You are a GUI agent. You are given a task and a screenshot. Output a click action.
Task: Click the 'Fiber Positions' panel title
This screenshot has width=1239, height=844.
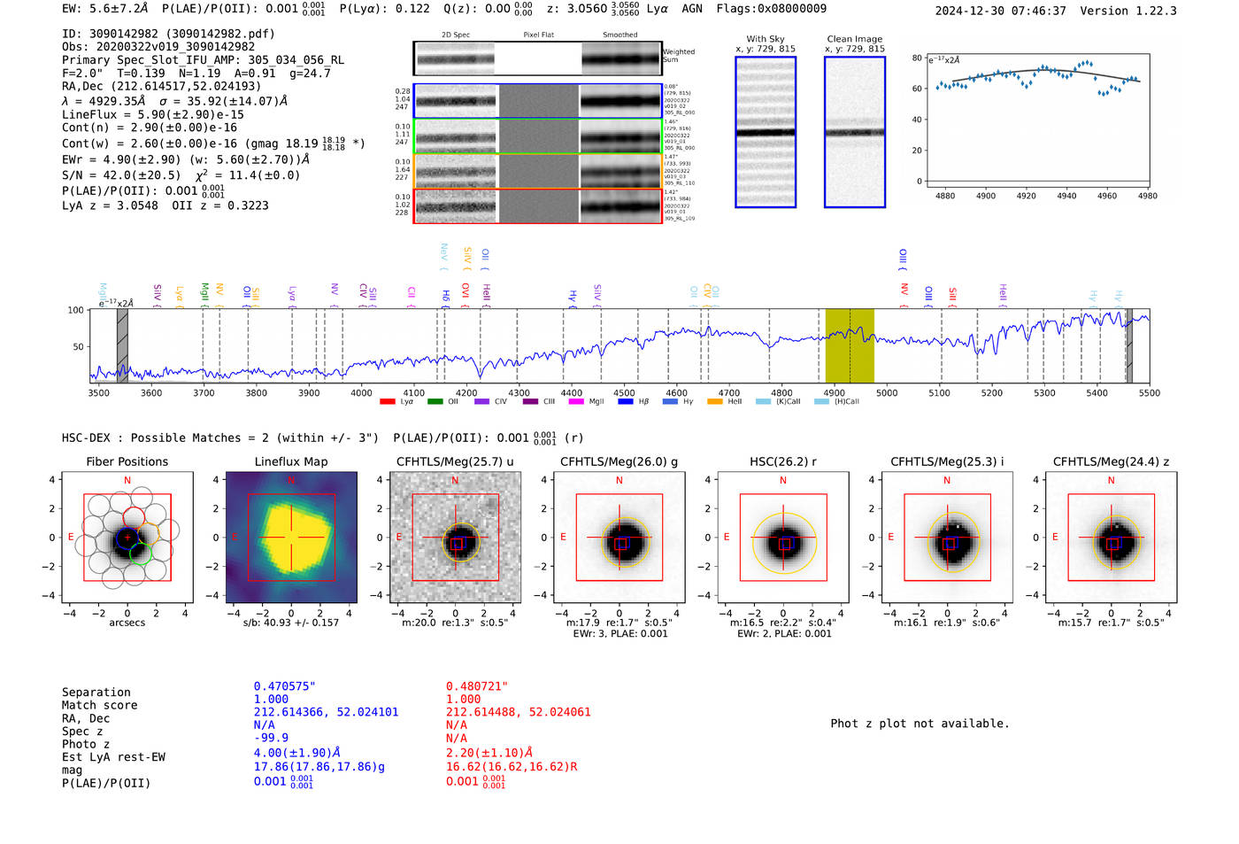(127, 461)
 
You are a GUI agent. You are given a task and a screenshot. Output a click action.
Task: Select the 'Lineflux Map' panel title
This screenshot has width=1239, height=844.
(291, 461)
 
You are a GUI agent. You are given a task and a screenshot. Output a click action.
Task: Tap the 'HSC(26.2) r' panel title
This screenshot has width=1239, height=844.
(782, 461)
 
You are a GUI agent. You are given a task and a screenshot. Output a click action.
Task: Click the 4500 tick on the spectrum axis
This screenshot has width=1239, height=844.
(624, 392)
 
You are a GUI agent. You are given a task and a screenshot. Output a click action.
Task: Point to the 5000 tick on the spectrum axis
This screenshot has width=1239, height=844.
(887, 392)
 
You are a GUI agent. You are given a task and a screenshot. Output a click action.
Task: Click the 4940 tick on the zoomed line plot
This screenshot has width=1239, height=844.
(1066, 196)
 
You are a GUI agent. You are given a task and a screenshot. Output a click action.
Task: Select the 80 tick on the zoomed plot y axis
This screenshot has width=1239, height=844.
(917, 58)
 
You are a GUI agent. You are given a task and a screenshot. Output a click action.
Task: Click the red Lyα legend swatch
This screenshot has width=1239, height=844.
(388, 402)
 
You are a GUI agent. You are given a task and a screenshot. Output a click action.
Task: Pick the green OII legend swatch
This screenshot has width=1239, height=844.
(435, 402)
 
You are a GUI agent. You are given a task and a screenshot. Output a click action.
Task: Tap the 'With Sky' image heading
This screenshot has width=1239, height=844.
(766, 39)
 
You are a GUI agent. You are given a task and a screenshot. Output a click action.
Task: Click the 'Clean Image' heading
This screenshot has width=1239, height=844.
(855, 39)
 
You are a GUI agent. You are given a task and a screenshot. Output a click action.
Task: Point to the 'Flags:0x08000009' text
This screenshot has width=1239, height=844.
(771, 8)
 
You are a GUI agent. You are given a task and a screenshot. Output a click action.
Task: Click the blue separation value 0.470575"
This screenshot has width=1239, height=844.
(285, 686)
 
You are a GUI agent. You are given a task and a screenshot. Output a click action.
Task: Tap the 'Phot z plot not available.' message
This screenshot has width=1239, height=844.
(920, 724)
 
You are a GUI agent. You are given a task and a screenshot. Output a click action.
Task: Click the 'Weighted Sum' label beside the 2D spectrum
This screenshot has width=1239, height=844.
(678, 56)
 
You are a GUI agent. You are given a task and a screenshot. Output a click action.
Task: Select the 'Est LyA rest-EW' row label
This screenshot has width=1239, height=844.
(113, 757)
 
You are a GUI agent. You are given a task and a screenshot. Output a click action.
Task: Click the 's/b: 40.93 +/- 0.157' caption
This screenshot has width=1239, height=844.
(291, 623)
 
